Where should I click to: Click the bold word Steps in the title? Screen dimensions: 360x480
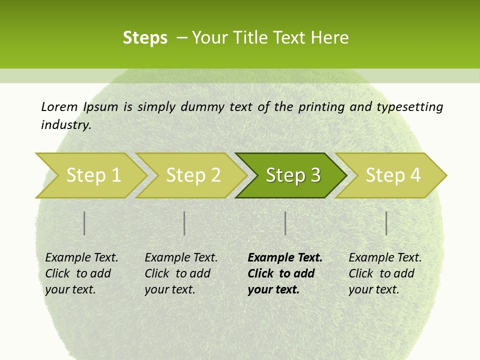coord(145,38)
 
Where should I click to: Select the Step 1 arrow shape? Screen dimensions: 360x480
coord(90,175)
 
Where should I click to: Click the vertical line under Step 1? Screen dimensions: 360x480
coord(84,223)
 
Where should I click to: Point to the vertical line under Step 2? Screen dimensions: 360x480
coord(184,223)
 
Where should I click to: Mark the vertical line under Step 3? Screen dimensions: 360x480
coord(285,223)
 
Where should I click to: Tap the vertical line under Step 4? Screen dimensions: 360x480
coord(386,223)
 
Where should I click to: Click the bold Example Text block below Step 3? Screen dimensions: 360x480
coord(285,273)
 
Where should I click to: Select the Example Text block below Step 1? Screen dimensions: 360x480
coord(81,273)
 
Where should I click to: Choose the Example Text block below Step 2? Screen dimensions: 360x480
coord(181,273)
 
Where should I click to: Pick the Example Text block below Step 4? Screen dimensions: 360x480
coord(385,273)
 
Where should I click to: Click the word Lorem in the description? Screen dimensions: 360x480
coord(59,106)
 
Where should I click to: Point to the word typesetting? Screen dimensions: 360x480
coord(409,107)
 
